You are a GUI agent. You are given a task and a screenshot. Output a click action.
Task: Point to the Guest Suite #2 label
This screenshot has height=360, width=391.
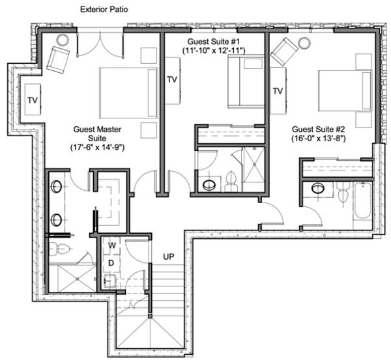click(319, 129)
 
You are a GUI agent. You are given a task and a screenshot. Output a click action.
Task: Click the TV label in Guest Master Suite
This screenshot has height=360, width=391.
click(33, 100)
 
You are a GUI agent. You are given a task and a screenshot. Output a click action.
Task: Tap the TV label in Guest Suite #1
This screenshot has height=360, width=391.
click(172, 79)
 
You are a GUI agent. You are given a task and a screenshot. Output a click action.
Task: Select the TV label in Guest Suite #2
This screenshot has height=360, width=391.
click(278, 91)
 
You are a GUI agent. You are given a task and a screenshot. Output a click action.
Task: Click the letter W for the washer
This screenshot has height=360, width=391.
click(112, 245)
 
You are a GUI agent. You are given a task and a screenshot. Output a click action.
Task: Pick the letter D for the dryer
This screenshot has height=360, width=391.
click(112, 262)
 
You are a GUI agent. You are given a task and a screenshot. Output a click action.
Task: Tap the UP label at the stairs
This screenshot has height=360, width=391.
click(168, 257)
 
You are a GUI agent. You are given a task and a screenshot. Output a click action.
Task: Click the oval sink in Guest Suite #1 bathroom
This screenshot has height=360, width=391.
click(209, 185)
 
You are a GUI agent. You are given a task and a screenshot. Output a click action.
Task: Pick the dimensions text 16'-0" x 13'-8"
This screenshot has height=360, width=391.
click(319, 139)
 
